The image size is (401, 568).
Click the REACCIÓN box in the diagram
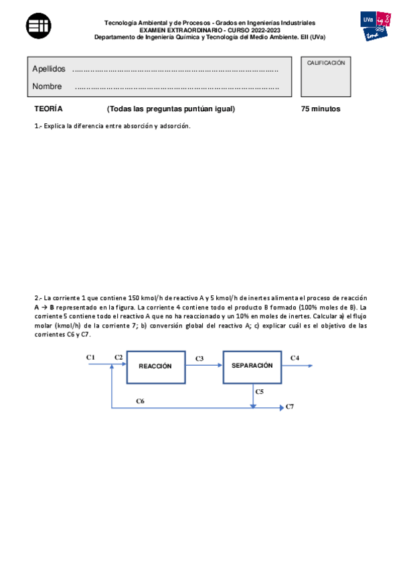pos(155,366)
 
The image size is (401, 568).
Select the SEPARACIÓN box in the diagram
pos(252,366)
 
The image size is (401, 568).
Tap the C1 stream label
pos(91,358)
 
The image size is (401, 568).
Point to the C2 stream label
pos(118,358)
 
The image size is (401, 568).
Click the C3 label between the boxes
pos(199,359)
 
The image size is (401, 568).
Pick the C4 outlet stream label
pos(295,358)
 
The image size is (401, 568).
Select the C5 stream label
pos(260,390)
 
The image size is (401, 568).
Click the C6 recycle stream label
pos(140,401)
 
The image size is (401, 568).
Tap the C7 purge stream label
pos(290,407)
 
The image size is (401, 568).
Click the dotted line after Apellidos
pos(175,70)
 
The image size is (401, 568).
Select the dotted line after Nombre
pos(177,87)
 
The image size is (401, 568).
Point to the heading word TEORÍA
pos(48,109)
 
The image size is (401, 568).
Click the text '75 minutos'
pos(321,109)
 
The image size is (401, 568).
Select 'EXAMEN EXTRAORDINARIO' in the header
pos(175,30)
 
